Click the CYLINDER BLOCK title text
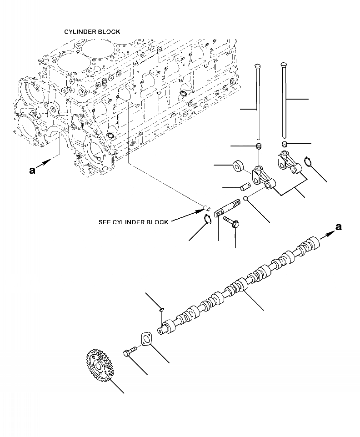(x=92, y=32)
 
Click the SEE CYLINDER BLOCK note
(x=133, y=222)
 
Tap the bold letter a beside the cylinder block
(x=32, y=170)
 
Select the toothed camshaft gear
(x=99, y=366)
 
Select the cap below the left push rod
(x=259, y=146)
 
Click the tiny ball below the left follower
(x=245, y=198)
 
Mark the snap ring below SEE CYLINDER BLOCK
(x=207, y=220)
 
